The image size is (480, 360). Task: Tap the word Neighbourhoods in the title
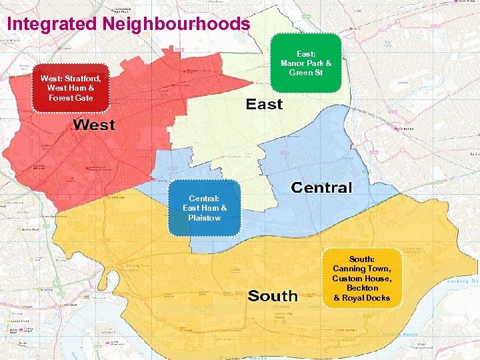(177, 24)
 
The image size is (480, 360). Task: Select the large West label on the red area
(94, 125)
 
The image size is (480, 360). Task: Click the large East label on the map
(264, 104)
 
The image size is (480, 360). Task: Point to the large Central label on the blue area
(321, 187)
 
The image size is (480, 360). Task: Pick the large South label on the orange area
(273, 295)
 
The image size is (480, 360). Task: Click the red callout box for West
(71, 88)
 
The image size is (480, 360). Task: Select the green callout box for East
(306, 63)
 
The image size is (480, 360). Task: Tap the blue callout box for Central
(205, 208)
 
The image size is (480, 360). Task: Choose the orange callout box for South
(362, 278)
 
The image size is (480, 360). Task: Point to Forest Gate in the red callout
(71, 98)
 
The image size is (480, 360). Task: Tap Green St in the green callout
(306, 73)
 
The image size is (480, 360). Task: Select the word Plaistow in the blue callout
(205, 218)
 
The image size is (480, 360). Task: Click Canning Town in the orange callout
(362, 269)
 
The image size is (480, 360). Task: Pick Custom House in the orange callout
(362, 278)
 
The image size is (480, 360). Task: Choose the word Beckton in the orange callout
(362, 288)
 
